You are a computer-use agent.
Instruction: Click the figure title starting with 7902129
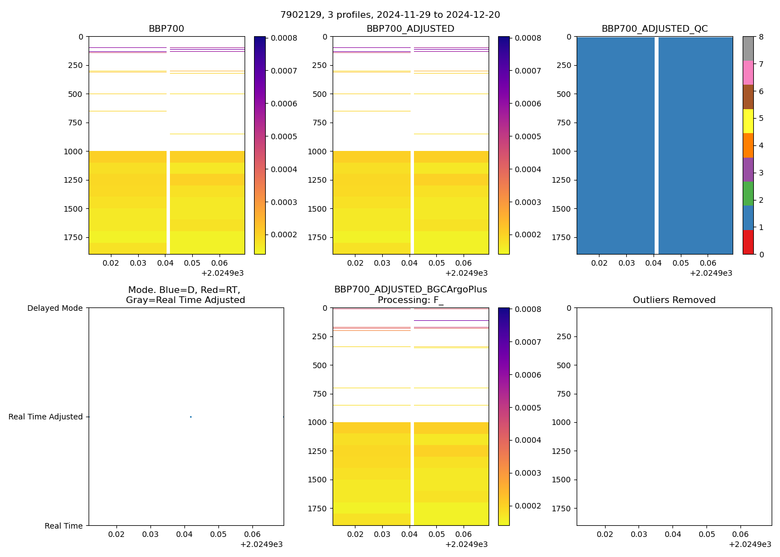pyautogui.click(x=390, y=15)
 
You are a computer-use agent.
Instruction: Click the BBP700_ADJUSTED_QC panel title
pyautogui.click(x=654, y=29)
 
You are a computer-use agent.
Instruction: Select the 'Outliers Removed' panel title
pyautogui.click(x=674, y=300)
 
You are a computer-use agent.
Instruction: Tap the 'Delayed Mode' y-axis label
pyautogui.click(x=55, y=308)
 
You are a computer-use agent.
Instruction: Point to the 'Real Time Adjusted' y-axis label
pyautogui.click(x=46, y=417)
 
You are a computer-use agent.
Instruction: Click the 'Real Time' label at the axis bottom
pyautogui.click(x=64, y=526)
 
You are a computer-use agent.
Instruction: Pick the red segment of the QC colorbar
pyautogui.click(x=748, y=242)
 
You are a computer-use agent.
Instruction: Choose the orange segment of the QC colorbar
pyautogui.click(x=748, y=145)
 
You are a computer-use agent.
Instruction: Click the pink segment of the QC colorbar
pyautogui.click(x=748, y=73)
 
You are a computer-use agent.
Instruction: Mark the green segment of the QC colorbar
pyautogui.click(x=748, y=194)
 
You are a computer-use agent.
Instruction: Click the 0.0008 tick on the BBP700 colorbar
pyautogui.click(x=284, y=38)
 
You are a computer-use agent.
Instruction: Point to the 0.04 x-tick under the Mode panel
pyautogui.click(x=184, y=535)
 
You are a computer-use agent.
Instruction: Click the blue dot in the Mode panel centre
pyautogui.click(x=191, y=417)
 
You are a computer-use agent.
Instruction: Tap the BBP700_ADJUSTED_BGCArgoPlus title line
pyautogui.click(x=410, y=290)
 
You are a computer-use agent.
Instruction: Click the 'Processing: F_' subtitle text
pyautogui.click(x=410, y=300)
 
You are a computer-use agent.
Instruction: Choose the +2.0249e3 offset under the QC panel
pyautogui.click(x=710, y=273)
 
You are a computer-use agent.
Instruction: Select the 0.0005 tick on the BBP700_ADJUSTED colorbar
pyautogui.click(x=528, y=136)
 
